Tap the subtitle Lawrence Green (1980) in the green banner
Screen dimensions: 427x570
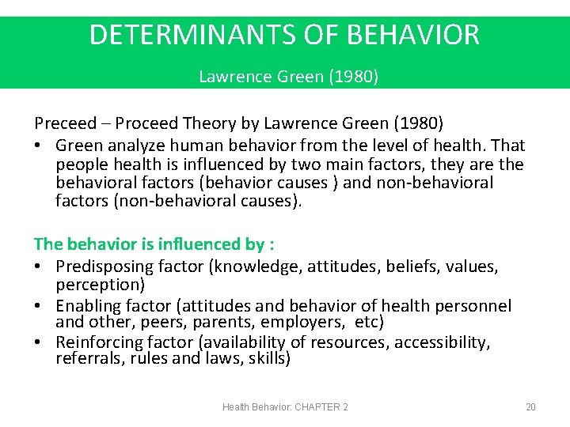click(x=288, y=77)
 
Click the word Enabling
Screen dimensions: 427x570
click(x=88, y=305)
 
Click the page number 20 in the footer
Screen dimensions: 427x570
click(x=530, y=407)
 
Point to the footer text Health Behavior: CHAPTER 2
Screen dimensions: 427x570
click(x=285, y=407)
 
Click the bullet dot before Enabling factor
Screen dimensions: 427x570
click(x=39, y=306)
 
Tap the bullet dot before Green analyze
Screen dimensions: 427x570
click(x=39, y=146)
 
